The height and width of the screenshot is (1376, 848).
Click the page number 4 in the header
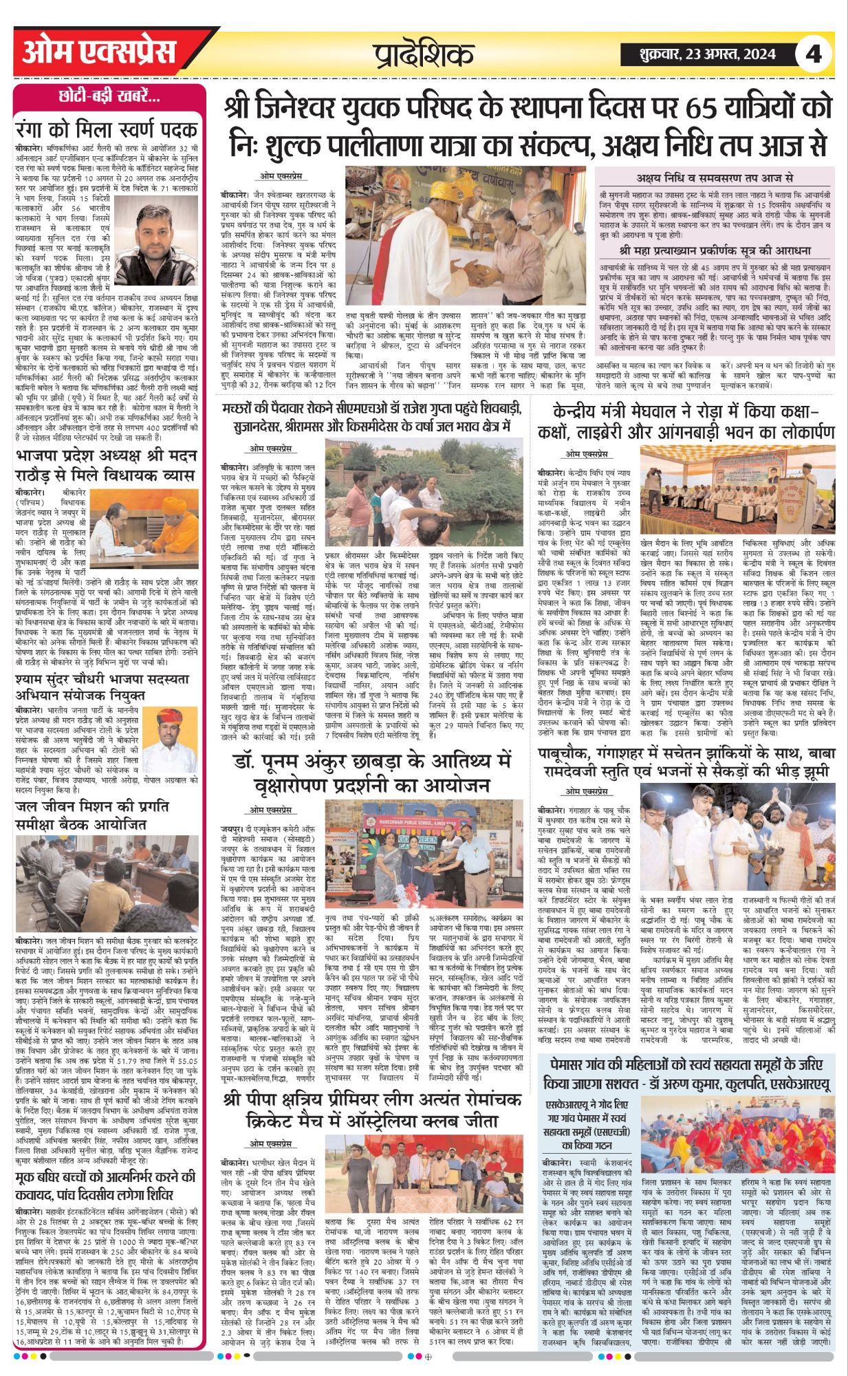[x=814, y=54]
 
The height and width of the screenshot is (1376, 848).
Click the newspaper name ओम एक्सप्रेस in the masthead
[x=99, y=52]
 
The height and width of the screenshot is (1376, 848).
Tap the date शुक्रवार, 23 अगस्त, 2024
[x=698, y=54]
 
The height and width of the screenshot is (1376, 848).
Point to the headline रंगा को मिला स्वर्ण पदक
[x=107, y=129]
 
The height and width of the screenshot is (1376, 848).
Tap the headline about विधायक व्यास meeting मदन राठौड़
[x=107, y=466]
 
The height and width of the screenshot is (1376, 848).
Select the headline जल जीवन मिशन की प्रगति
[x=91, y=815]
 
